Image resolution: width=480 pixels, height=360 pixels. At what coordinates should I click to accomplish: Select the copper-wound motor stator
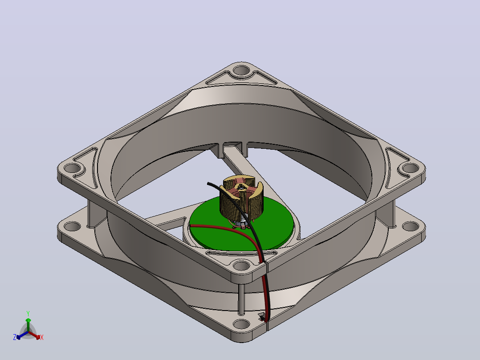pyautogui.click(x=242, y=199)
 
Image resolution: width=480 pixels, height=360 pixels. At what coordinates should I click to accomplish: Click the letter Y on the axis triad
pyautogui.click(x=28, y=313)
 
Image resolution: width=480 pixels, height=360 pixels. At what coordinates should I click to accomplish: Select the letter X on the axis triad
pyautogui.click(x=42, y=337)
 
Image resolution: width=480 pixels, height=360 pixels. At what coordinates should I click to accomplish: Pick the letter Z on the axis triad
pyautogui.click(x=15, y=337)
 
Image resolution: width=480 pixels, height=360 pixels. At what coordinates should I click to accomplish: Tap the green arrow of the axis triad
pyautogui.click(x=28, y=324)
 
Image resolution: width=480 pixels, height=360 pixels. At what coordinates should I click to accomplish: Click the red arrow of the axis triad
pyautogui.click(x=35, y=335)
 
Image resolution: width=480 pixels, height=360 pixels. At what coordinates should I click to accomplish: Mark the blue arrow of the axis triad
pyautogui.click(x=22, y=335)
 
